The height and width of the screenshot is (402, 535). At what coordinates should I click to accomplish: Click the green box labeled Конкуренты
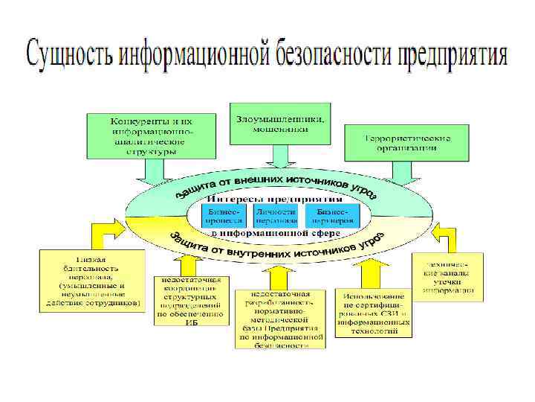(x=151, y=135)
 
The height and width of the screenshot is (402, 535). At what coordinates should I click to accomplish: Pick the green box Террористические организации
(x=407, y=142)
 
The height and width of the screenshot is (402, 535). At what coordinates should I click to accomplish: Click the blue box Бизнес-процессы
(x=225, y=217)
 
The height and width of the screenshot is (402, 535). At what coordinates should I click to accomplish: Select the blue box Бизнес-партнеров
(x=332, y=217)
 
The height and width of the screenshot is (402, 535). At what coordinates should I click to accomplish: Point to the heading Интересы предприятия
(x=274, y=199)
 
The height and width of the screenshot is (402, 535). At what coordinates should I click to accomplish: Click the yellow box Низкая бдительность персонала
(x=91, y=282)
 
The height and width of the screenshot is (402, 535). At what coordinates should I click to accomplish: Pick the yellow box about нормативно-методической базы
(x=280, y=318)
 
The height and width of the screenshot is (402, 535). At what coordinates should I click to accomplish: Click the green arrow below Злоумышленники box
(x=281, y=156)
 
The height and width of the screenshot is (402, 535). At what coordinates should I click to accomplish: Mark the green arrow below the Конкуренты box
(x=148, y=172)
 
